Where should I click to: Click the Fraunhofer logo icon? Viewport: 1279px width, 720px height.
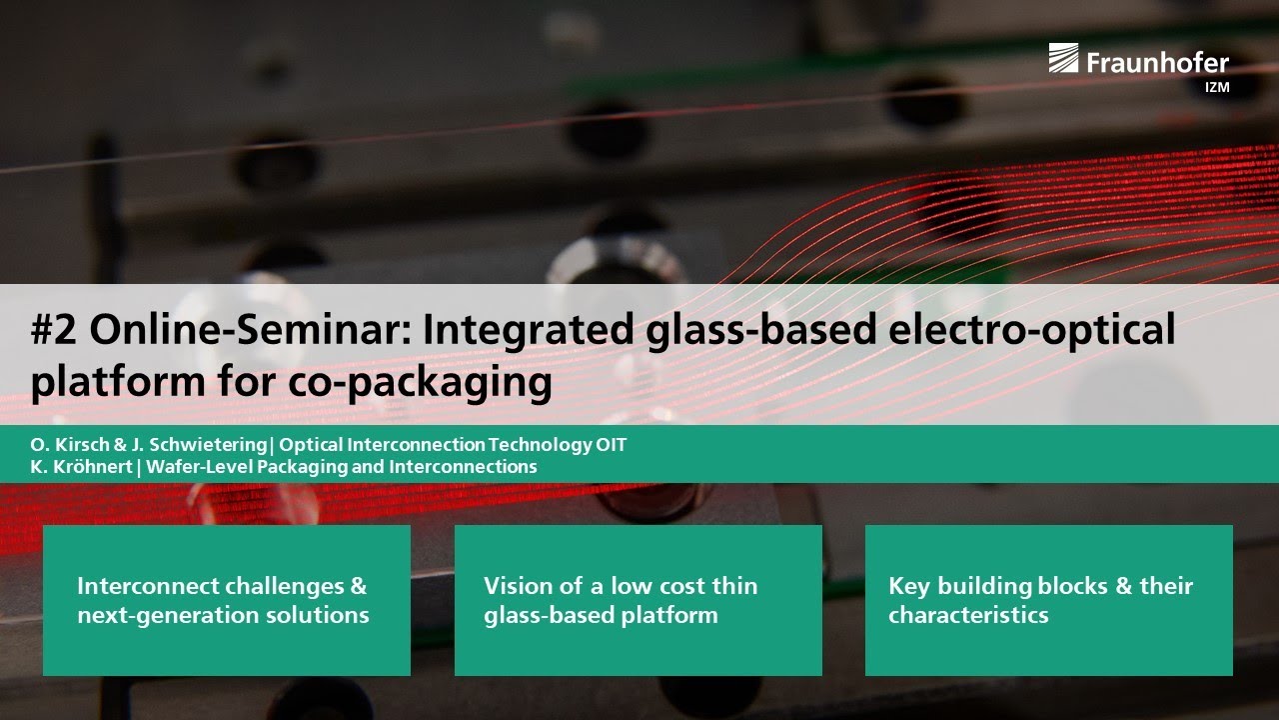(1063, 59)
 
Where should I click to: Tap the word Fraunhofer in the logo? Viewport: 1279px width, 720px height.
(1157, 62)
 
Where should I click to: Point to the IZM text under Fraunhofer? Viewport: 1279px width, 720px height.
(1216, 87)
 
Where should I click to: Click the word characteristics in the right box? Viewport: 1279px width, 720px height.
(968, 615)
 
